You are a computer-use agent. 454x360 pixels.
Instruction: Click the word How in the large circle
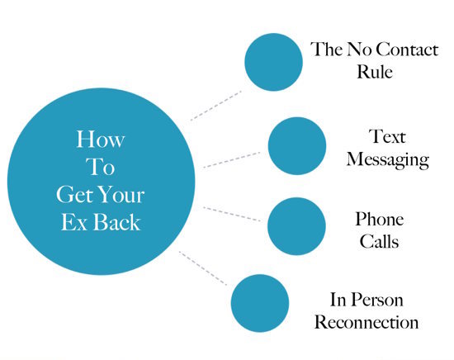coord(101,139)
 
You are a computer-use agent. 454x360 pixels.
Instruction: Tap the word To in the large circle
coord(100,167)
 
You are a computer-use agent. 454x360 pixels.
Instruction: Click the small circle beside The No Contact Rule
coord(273,62)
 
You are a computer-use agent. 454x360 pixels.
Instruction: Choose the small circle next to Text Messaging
coord(297,146)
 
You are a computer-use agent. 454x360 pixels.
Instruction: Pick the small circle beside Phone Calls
coord(296,226)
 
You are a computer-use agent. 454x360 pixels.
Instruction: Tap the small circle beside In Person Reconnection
coord(260,303)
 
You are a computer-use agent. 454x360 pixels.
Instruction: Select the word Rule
coord(375,71)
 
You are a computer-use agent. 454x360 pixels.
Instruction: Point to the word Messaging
coord(388,160)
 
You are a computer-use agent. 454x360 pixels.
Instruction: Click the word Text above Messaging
coord(387,136)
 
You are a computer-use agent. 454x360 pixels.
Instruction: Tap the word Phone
coord(380,219)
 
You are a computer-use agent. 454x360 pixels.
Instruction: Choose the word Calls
coord(380,241)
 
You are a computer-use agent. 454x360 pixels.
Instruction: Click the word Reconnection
coord(367,322)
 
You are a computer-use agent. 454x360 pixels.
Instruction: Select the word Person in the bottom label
coord(376,300)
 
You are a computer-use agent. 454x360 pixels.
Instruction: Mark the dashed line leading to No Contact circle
coord(216,106)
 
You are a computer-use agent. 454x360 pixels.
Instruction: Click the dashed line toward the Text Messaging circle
coord(232,160)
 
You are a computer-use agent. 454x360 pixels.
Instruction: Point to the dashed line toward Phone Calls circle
coord(232,215)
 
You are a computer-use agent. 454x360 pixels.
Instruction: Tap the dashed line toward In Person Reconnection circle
coord(203,268)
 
